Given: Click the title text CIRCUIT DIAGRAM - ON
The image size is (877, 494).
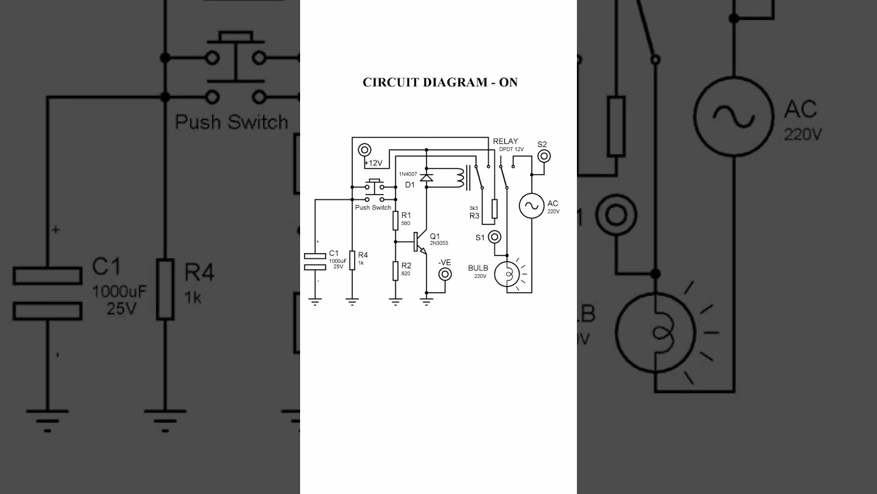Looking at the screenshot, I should (440, 82).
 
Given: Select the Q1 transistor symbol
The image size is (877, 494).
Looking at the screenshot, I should (419, 242).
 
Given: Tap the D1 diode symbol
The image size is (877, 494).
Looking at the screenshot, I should (426, 177).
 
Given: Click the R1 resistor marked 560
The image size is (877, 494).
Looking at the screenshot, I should (395, 220).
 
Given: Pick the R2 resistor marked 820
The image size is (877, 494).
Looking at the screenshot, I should (395, 271).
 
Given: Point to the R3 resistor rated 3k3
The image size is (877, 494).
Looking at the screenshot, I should (494, 209).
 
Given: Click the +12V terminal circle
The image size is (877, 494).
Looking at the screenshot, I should (364, 149).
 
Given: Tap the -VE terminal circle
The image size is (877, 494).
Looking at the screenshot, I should (445, 274).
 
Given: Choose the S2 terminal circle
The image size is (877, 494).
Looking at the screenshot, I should (543, 156).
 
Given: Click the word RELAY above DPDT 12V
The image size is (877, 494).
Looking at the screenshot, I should (506, 141).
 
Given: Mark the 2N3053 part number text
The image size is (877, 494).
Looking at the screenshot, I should (439, 243).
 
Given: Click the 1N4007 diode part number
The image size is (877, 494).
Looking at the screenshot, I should (408, 174).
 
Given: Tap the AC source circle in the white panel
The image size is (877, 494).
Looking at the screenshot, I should (532, 206).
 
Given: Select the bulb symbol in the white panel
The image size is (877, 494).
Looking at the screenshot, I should (508, 272).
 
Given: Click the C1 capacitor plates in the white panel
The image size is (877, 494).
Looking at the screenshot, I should (315, 261).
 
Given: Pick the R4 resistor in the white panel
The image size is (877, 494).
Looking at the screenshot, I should (352, 260).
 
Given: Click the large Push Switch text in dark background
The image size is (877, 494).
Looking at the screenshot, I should (232, 122).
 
